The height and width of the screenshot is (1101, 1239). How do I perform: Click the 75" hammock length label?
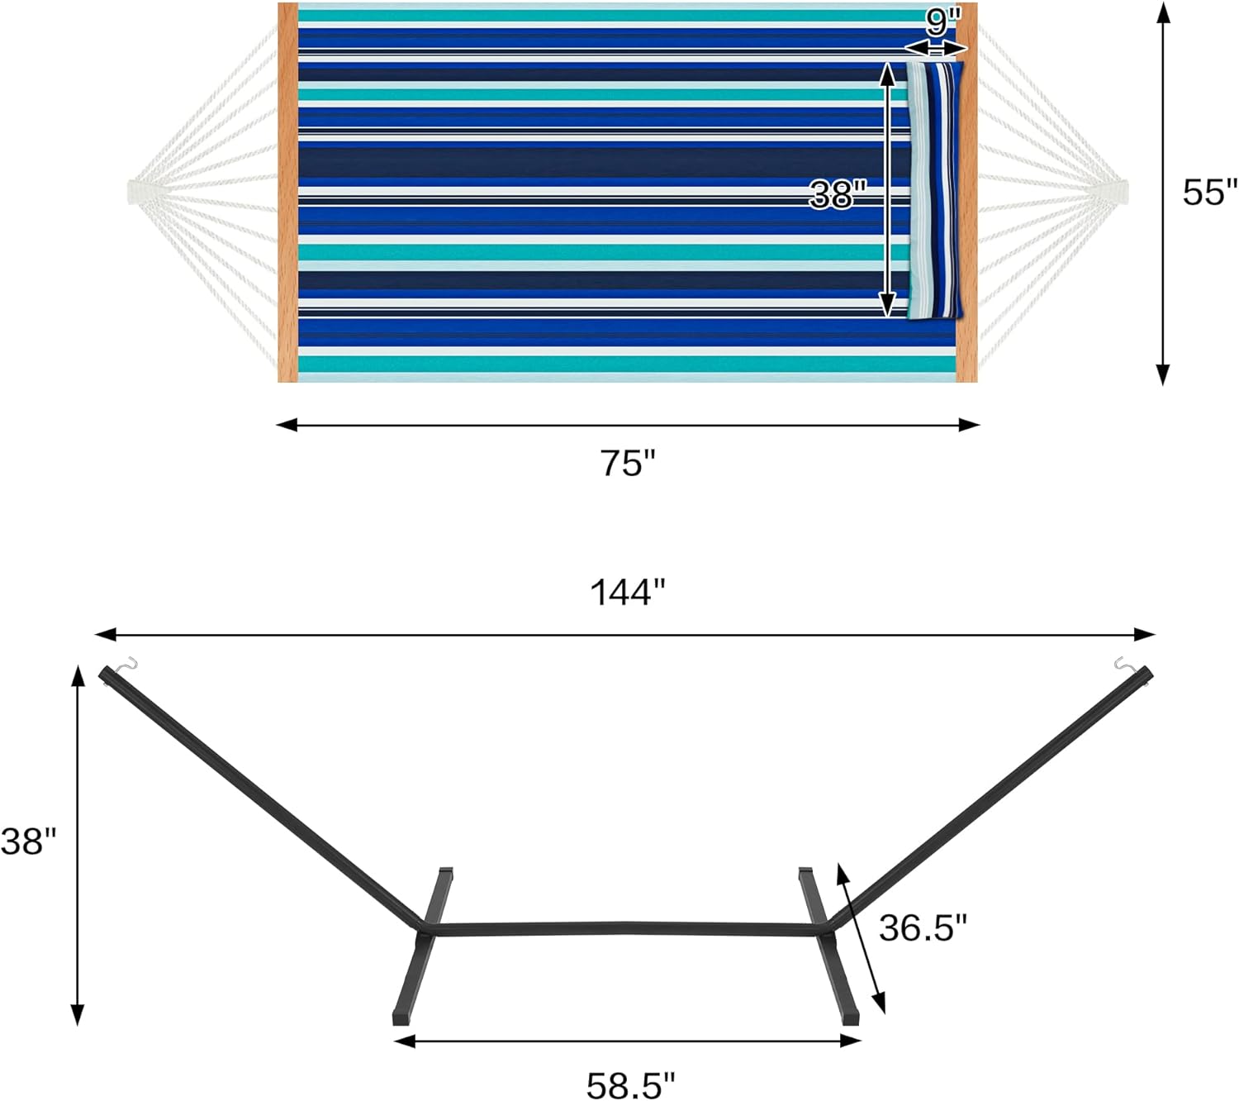(x=627, y=463)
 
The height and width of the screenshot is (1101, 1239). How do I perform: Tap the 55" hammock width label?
(x=1209, y=192)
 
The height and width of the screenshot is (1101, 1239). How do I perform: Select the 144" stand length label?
(x=627, y=593)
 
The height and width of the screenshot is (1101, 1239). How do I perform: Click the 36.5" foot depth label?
(x=923, y=927)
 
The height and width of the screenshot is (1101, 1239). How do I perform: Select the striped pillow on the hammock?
(x=934, y=190)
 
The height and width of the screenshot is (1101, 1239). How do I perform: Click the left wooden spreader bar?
(x=287, y=192)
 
